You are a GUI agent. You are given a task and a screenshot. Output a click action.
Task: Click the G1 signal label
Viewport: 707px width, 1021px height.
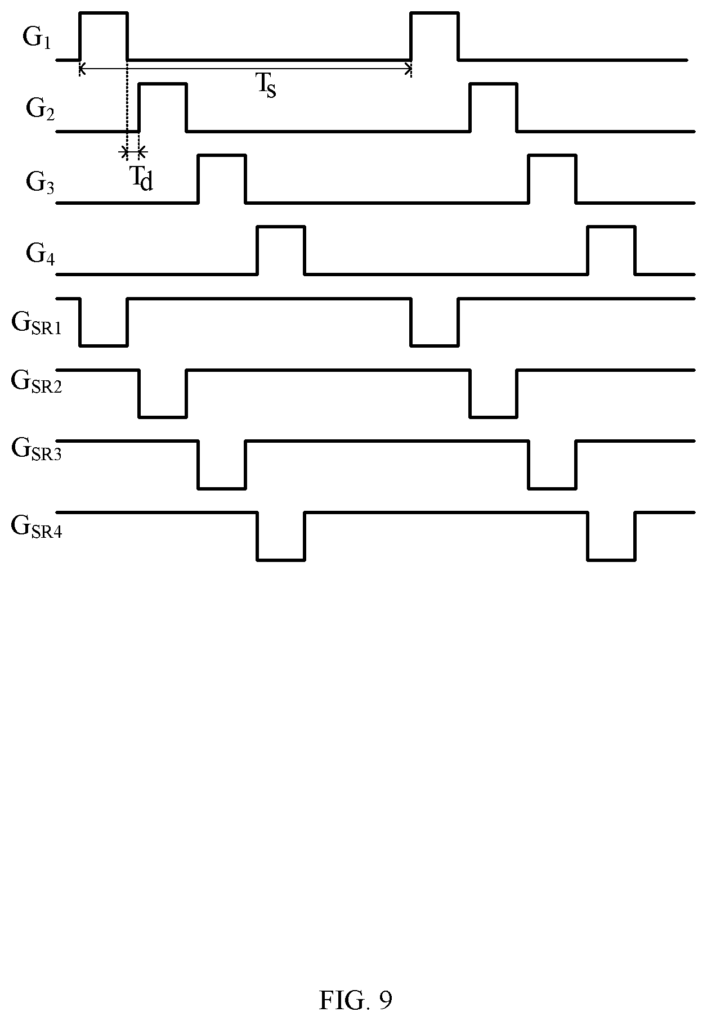click(x=37, y=39)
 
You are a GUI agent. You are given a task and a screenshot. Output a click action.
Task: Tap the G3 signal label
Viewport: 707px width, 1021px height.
click(x=40, y=183)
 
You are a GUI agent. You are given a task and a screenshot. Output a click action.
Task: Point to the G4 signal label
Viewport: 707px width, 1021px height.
click(x=40, y=254)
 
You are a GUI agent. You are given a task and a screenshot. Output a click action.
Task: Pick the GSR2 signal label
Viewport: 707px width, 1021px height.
click(x=37, y=382)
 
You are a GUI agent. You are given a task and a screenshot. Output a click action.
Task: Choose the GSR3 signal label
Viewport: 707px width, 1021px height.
click(x=37, y=449)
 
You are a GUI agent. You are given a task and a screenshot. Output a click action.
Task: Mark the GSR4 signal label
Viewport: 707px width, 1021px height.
click(x=37, y=527)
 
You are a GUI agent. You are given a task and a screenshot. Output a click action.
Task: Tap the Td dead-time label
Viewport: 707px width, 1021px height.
click(x=142, y=178)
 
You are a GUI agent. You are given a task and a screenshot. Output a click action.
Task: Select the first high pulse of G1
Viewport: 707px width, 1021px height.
click(x=104, y=12)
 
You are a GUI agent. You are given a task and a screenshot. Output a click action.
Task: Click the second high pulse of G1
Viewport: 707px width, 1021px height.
click(x=435, y=12)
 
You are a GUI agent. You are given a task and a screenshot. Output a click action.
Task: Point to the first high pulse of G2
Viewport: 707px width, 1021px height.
click(x=163, y=84)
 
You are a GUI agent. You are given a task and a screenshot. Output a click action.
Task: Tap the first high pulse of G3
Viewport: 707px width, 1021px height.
click(x=222, y=155)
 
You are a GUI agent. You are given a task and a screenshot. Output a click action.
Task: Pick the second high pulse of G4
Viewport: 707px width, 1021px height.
click(x=611, y=227)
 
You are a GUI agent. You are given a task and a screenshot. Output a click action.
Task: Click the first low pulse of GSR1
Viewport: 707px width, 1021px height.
click(x=104, y=345)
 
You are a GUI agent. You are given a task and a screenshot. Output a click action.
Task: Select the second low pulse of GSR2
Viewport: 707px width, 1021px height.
click(x=494, y=417)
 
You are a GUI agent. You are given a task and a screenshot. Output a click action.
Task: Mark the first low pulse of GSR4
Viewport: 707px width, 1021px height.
click(x=281, y=560)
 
